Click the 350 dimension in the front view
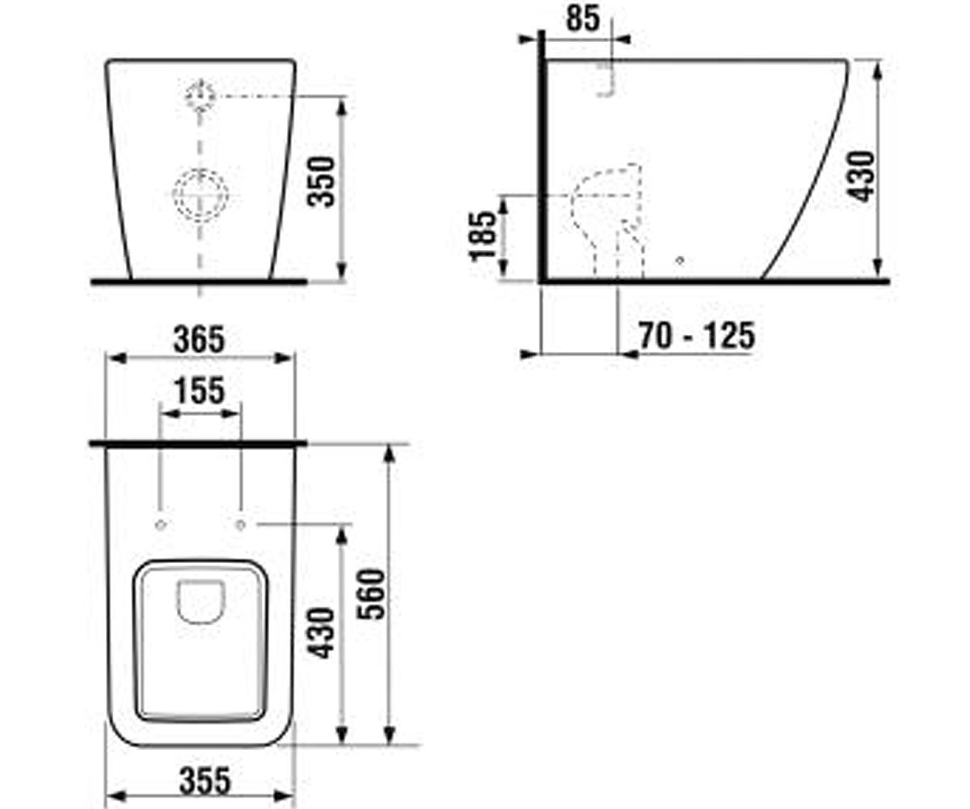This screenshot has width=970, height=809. pos(322,182)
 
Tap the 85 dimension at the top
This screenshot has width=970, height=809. pos(583,19)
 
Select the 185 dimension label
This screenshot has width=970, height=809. pos(483,235)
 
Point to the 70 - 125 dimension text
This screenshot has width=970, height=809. pos(697,336)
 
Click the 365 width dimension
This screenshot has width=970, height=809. pos(199,340)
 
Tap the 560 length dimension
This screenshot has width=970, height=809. pos(372,594)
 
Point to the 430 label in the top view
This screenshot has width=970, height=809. pos(322,633)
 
